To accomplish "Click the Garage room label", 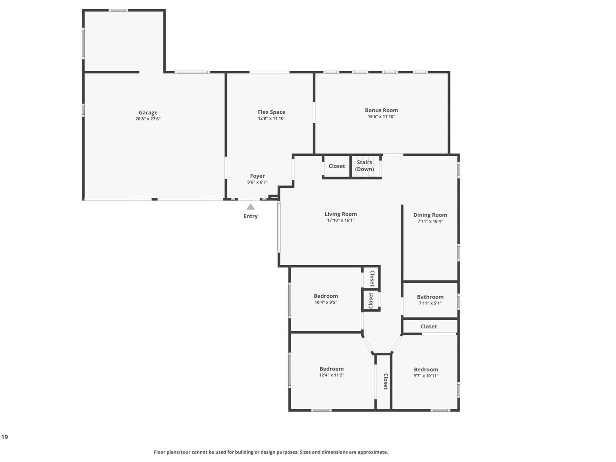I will tap(148, 112).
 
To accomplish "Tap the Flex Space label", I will tap(271, 112).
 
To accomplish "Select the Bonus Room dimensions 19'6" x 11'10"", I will tap(381, 116).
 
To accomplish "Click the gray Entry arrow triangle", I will tap(250, 207).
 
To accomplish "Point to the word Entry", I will tap(250, 216).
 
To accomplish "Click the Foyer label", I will tap(257, 176).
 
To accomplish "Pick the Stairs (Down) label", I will tap(364, 166).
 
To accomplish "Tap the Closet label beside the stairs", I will tap(337, 166).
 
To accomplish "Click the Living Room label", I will tap(340, 214).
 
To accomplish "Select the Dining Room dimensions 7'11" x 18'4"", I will tap(430, 221).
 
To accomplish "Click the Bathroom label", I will tap(430, 297).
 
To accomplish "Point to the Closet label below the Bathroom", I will tap(428, 327).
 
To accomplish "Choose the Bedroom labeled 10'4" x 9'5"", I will tap(326, 296).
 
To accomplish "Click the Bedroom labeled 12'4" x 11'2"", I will tap(331, 369).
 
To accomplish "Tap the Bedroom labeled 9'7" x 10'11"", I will tap(426, 370).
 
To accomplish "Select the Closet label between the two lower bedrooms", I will tap(386, 381).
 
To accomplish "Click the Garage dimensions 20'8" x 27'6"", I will tap(148, 119).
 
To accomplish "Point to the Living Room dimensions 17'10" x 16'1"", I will tap(340, 220).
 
